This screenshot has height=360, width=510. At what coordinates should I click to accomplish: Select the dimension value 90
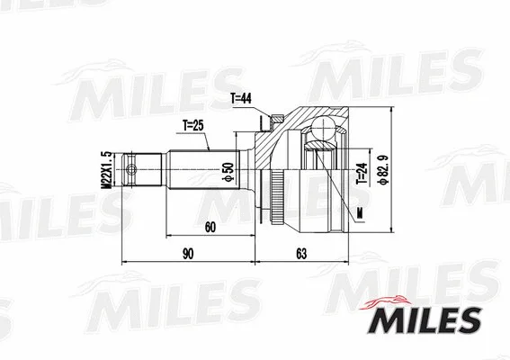tap(188, 254)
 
